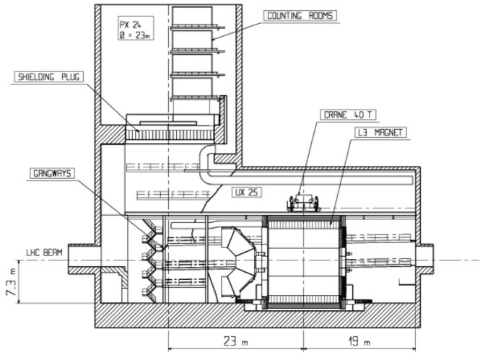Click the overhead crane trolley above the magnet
coord(303,204)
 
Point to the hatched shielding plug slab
coord(170,134)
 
